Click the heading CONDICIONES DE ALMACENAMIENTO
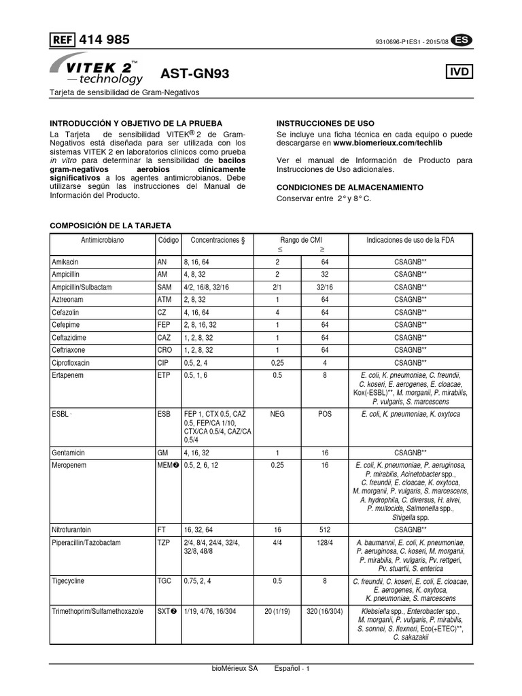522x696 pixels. pyautogui.click(x=349, y=187)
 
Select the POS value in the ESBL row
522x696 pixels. pyautogui.click(x=324, y=413)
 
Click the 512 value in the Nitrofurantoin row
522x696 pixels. pyautogui.click(x=324, y=528)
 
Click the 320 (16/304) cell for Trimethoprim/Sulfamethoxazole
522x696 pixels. pyautogui.click(x=324, y=612)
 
